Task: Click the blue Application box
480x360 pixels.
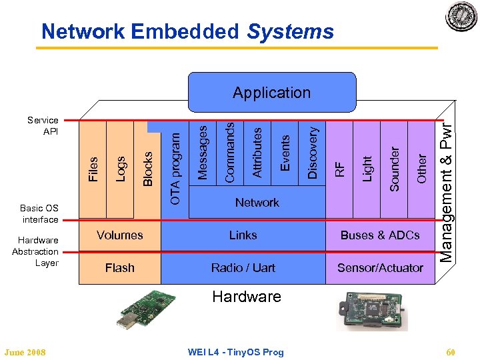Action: click(271, 93)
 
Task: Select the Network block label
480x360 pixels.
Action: click(257, 202)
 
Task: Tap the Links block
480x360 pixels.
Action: click(243, 235)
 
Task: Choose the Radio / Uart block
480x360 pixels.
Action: click(243, 267)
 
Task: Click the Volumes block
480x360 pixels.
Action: click(120, 235)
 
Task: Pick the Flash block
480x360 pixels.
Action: click(120, 267)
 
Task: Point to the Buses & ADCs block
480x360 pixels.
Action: click(380, 235)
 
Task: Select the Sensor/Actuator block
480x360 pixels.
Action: click(380, 267)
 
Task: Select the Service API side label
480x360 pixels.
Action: click(43, 126)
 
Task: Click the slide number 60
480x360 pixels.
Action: click(451, 352)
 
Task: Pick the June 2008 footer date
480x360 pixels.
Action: click(25, 352)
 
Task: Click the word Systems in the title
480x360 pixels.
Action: click(290, 31)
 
